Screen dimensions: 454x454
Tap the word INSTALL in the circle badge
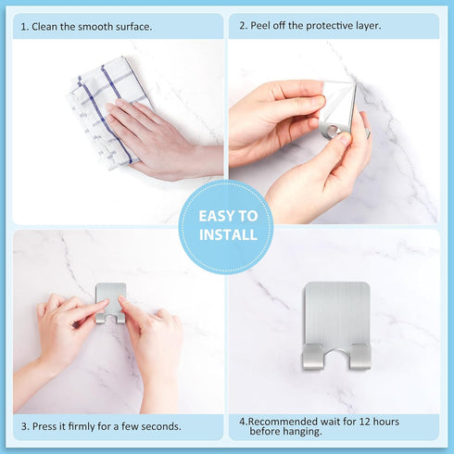pyautogui.click(x=227, y=235)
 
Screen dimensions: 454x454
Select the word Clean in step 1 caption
pyautogui.click(x=47, y=27)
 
